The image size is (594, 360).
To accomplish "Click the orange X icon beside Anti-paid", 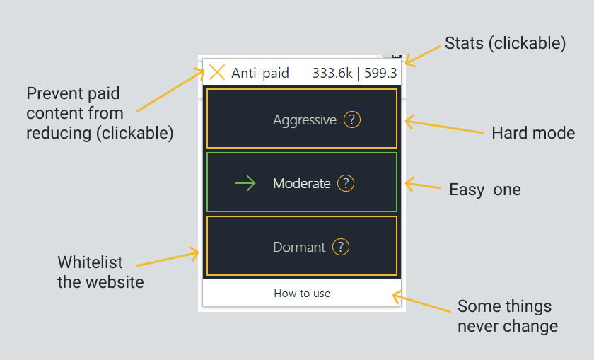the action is pyautogui.click(x=217, y=72).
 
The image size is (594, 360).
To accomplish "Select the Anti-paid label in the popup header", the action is pyautogui.click(x=260, y=73).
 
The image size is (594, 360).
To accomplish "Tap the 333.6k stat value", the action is pyautogui.click(x=332, y=73).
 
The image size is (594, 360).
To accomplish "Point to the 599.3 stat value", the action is pyautogui.click(x=380, y=73).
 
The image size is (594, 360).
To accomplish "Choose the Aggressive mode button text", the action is pyautogui.click(x=305, y=120).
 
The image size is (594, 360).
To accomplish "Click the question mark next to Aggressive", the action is pyautogui.click(x=352, y=120).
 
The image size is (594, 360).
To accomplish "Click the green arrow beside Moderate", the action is pyautogui.click(x=245, y=183).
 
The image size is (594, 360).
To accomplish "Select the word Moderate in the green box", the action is pyautogui.click(x=301, y=184).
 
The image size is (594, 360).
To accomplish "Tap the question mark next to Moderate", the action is pyautogui.click(x=346, y=183).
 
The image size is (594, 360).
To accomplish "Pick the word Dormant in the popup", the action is pyautogui.click(x=299, y=248).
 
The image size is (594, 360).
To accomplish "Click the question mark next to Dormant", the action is pyautogui.click(x=341, y=247).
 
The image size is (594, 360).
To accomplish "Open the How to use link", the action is pyautogui.click(x=302, y=294).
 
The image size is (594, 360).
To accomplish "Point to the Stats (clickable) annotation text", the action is pyautogui.click(x=505, y=43).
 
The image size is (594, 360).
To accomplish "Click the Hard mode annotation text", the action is pyautogui.click(x=533, y=133).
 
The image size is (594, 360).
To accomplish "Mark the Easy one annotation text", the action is pyautogui.click(x=485, y=190).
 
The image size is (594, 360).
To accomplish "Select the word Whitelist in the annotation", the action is pyautogui.click(x=91, y=262).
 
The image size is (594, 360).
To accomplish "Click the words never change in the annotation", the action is pyautogui.click(x=508, y=326).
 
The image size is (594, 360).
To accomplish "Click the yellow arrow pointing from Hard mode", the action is pyautogui.click(x=444, y=125).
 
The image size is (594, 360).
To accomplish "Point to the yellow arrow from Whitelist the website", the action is pyautogui.click(x=168, y=257).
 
